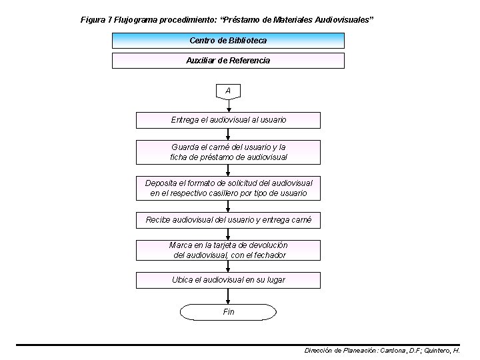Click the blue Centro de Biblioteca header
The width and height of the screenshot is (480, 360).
(x=228, y=41)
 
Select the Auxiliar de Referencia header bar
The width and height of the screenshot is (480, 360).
(x=228, y=61)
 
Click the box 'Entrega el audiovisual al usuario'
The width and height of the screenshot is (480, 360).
(x=228, y=120)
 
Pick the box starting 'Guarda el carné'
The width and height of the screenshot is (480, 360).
(x=228, y=152)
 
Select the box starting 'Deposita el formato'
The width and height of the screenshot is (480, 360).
(x=228, y=188)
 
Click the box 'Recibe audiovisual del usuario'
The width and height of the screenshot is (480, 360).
(x=228, y=220)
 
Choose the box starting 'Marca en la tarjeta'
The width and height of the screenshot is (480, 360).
(x=228, y=251)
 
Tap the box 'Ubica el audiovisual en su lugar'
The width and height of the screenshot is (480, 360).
(x=228, y=280)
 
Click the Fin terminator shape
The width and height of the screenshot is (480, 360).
(x=228, y=312)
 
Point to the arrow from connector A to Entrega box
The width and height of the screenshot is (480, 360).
(x=229, y=106)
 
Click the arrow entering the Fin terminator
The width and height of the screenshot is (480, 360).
(x=229, y=297)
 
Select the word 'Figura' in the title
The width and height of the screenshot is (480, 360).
(x=92, y=19)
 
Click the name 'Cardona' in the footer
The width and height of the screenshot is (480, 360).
(x=393, y=350)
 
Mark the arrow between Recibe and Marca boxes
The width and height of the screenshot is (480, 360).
(x=229, y=234)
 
